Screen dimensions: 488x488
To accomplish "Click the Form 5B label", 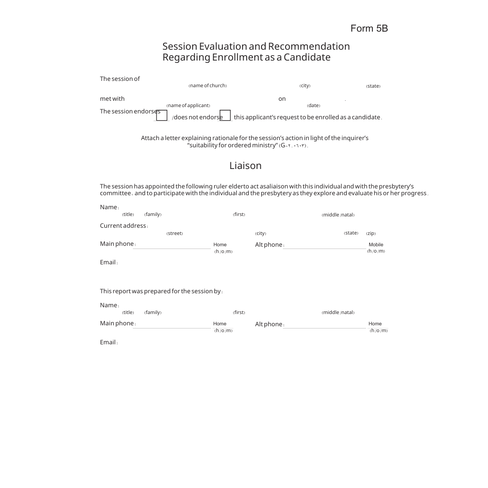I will (x=369, y=28).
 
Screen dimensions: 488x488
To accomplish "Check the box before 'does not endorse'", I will (x=162, y=116).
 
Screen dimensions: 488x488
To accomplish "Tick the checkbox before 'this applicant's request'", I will (x=225, y=116).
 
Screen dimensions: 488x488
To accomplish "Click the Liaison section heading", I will (x=245, y=166).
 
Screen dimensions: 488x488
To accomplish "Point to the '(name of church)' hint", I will (x=207, y=86).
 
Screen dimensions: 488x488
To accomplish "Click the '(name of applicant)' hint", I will (x=188, y=106).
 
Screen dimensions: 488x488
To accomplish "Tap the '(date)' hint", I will (x=313, y=106).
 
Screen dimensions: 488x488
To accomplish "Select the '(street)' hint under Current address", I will (x=174, y=234).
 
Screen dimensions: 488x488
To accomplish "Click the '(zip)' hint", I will (x=371, y=234).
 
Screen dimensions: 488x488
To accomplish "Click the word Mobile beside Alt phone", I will (x=375, y=244).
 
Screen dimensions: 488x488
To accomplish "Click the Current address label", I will (x=123, y=226).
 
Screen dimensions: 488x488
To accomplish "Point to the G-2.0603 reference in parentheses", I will (x=293, y=145).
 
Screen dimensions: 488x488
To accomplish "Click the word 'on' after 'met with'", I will (x=282, y=99).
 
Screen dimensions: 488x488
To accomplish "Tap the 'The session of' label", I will (x=120, y=79).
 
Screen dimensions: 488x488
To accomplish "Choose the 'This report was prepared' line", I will (x=161, y=291).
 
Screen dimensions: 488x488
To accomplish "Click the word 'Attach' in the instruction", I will (x=149, y=138).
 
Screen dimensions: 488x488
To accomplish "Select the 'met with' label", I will (x=112, y=99).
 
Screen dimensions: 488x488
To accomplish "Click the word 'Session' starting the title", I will (x=180, y=47).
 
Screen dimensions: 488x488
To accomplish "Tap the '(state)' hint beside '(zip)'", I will (x=351, y=233).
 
